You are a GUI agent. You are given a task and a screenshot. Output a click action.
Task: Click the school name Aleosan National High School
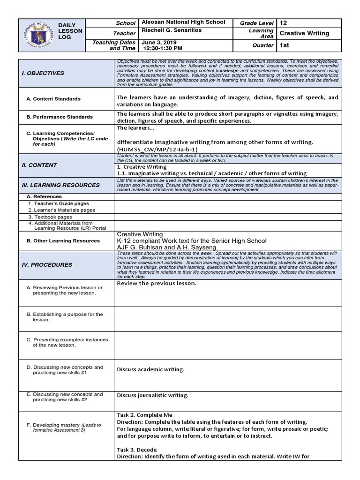tap(183, 22)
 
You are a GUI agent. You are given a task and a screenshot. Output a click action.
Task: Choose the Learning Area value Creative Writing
tap(304, 33)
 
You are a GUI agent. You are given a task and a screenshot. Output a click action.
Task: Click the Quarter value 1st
tap(284, 45)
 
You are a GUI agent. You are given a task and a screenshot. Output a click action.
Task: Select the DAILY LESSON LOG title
tap(70, 30)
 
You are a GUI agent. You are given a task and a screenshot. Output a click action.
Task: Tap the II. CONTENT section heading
tap(39, 165)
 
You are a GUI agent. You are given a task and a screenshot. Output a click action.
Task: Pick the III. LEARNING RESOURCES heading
tap(61, 185)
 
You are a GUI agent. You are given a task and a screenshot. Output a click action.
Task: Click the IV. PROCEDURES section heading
tap(47, 264)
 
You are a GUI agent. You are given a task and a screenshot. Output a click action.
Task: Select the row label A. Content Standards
tap(53, 99)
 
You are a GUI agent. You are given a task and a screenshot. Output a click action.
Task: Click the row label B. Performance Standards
tap(60, 117)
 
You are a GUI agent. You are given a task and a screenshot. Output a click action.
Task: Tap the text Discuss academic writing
tap(150, 369)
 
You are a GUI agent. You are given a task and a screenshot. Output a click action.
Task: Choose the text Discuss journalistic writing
tap(152, 396)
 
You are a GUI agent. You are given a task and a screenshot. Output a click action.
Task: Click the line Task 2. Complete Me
tap(144, 415)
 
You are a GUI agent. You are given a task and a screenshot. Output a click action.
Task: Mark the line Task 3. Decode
tap(139, 450)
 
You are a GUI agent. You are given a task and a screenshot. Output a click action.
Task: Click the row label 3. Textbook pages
tap(50, 217)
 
